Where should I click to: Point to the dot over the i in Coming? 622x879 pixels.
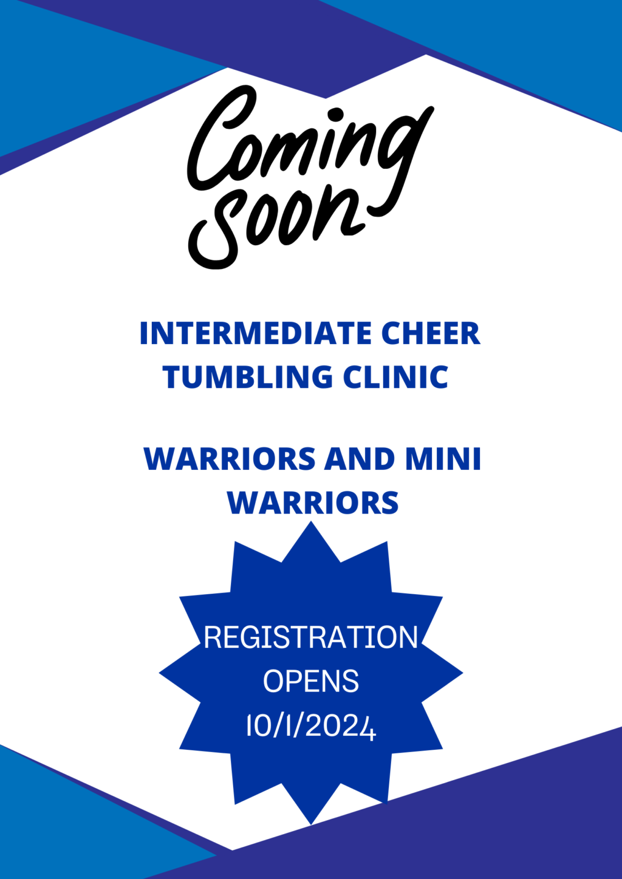[335, 115]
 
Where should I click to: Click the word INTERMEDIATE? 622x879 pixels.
[256, 333]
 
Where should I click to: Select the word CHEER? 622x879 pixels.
[431, 333]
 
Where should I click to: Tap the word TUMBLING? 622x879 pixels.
[248, 377]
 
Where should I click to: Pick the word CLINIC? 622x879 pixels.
[395, 377]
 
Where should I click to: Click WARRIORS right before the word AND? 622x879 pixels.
[230, 458]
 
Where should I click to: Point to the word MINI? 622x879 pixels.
[443, 458]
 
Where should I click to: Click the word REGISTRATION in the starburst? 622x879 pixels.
[311, 637]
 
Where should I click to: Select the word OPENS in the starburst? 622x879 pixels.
[311, 682]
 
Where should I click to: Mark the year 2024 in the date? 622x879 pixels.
[340, 726]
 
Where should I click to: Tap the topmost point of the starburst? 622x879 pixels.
[311, 521]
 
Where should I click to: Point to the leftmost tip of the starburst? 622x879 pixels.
[159, 673]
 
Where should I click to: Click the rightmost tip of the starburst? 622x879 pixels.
[463, 673]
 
